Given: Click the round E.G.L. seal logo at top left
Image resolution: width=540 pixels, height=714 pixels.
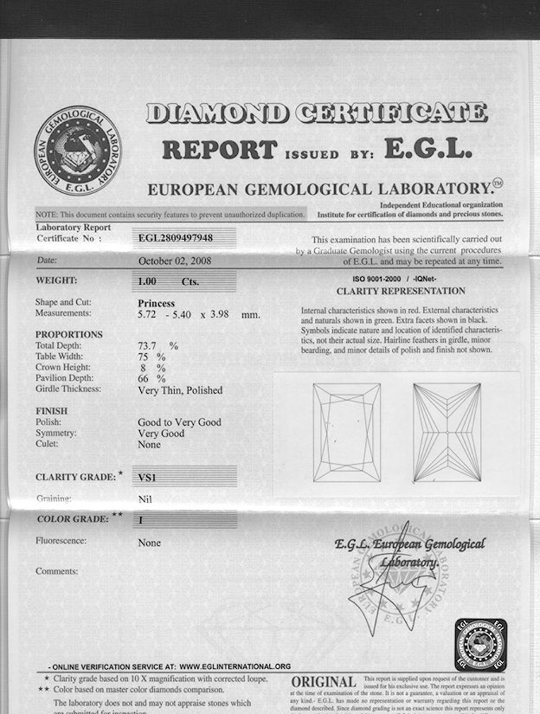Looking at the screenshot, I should coord(75,149).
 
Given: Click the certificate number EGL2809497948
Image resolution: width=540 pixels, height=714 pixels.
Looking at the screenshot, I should coord(176,236).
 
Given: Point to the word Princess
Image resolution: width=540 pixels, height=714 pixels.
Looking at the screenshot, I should coord(157,303).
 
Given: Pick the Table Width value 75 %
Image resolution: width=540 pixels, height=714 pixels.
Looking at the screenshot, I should coord(153,357).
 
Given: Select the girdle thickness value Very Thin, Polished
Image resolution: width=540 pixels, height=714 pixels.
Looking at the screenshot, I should coord(180,389).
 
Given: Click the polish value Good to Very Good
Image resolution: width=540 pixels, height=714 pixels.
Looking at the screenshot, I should coord(179,421).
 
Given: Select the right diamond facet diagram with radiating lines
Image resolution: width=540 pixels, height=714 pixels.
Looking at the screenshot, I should coord(447,432).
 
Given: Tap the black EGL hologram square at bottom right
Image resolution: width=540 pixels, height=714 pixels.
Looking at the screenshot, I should coord(480,645).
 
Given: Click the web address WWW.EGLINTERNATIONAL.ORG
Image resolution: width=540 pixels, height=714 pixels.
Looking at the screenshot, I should coord(235,666).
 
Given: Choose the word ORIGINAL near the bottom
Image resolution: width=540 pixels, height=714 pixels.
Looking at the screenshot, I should coord(323,684).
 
